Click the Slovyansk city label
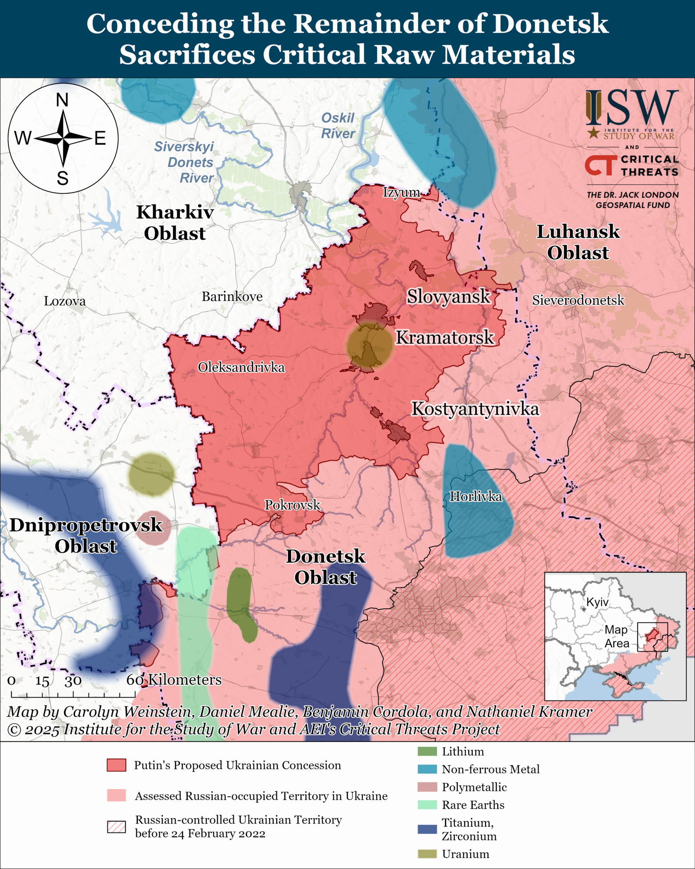[x=448, y=297]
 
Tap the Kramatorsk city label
[x=444, y=338]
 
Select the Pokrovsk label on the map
[x=292, y=505]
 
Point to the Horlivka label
[x=476, y=496]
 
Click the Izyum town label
[x=401, y=192]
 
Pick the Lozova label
[x=65, y=301]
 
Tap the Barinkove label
[x=232, y=297]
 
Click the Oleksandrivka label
[x=241, y=368]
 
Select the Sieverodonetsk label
[x=578, y=300]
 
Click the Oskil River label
[x=338, y=126]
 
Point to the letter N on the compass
[x=63, y=100]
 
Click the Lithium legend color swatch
[x=427, y=751]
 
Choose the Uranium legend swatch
[x=427, y=854]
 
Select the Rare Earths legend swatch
[x=427, y=805]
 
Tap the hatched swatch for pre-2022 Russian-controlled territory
[x=116, y=826]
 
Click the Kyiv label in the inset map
[x=597, y=602]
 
